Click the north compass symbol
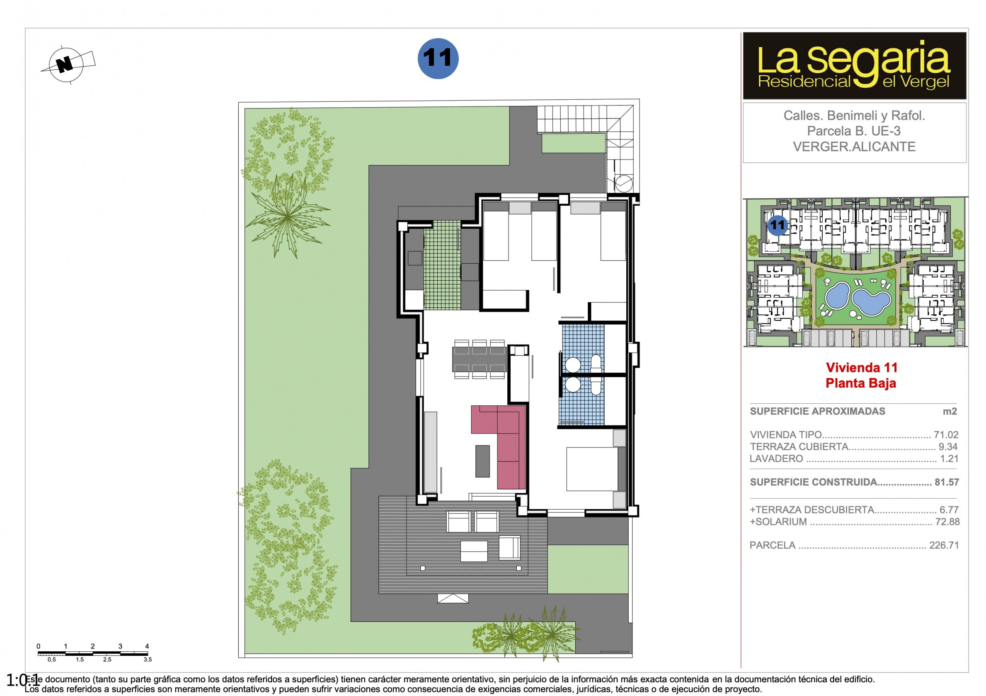(x=66, y=65)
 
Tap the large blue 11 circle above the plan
(x=438, y=58)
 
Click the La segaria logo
(x=854, y=66)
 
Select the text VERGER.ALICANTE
(x=854, y=147)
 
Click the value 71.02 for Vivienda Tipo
(x=946, y=435)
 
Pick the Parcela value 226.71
(x=944, y=545)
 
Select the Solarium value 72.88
(x=947, y=522)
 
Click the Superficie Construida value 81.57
(x=947, y=482)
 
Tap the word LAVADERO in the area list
(x=776, y=459)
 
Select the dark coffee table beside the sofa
(x=483, y=461)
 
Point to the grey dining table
(x=479, y=359)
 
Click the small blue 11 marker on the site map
(x=777, y=225)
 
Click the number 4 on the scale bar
(x=147, y=646)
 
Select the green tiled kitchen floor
(x=442, y=265)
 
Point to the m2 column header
(x=950, y=411)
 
